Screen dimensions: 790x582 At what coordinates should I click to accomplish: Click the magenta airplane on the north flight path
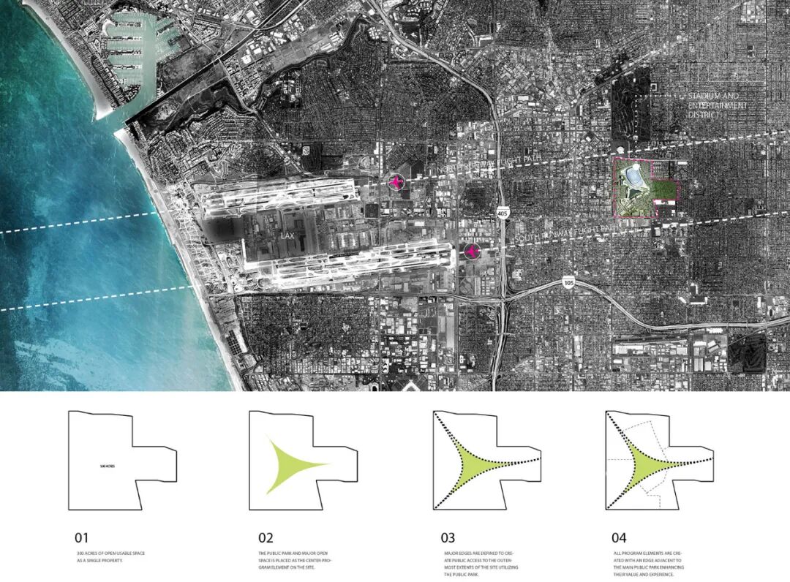[x=396, y=182]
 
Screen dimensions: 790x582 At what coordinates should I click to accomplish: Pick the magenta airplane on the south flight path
[x=472, y=252]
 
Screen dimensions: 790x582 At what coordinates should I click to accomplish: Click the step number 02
[x=266, y=539]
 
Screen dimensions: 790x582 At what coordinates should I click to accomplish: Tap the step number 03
[x=450, y=539]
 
